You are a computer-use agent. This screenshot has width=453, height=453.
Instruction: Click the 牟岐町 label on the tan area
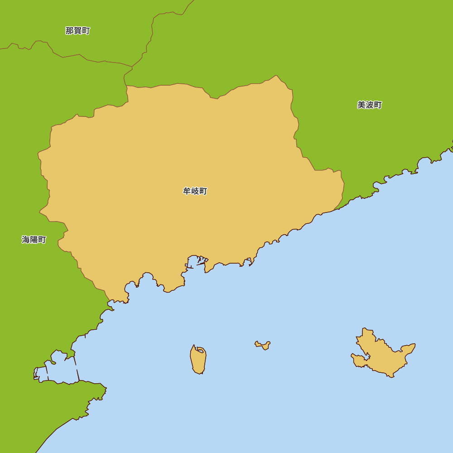[x=195, y=191]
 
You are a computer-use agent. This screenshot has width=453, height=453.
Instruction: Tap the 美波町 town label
[x=369, y=105]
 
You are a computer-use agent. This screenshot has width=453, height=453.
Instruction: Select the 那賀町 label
[x=77, y=31]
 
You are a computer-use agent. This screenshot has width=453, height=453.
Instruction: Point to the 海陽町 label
[x=34, y=240]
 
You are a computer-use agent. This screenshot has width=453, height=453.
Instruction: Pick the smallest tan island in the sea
[x=263, y=345]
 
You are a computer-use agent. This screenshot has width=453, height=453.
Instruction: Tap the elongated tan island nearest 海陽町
[x=198, y=360]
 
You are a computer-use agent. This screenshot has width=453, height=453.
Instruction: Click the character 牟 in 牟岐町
[x=187, y=191]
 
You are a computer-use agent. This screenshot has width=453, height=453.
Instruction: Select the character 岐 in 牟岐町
[x=195, y=191]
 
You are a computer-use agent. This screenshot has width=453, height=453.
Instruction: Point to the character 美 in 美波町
[x=361, y=105]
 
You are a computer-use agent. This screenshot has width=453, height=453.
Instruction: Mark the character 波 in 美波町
[x=369, y=105]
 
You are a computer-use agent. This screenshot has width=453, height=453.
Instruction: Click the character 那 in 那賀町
[x=69, y=31]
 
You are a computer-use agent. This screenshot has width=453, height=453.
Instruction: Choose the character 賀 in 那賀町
[x=77, y=31]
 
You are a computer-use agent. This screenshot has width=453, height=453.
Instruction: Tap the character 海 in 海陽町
[x=26, y=240]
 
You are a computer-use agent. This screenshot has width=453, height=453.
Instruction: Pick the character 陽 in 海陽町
[x=34, y=240]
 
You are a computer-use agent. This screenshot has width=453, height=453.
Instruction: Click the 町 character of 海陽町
[x=42, y=240]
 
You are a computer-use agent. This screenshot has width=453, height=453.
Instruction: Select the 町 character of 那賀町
[x=86, y=31]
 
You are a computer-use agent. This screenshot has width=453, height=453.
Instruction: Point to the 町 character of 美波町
[x=377, y=105]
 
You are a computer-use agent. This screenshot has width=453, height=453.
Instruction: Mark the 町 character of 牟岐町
[x=203, y=191]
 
